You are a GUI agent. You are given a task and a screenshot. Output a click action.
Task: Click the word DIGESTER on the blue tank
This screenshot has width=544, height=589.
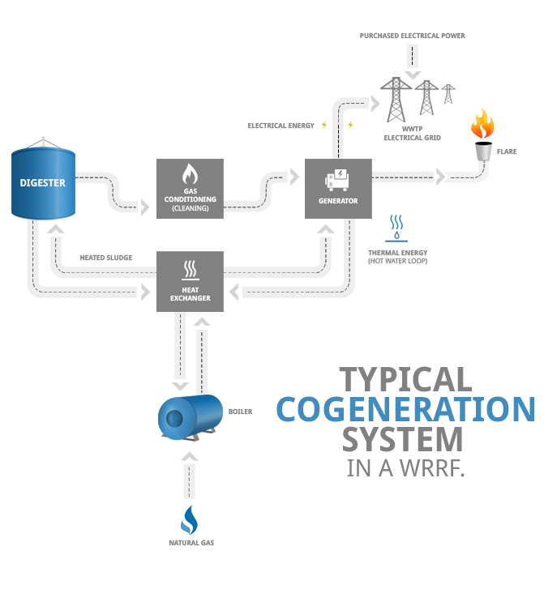[43, 182]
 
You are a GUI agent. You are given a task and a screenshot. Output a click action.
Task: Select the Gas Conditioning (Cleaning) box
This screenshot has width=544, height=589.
[190, 189]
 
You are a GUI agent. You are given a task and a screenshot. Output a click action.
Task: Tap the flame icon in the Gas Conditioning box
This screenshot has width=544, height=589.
[190, 174]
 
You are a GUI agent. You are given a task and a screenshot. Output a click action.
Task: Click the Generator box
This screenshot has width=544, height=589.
[338, 188]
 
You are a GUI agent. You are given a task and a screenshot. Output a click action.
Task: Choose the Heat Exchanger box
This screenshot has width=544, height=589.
[190, 280]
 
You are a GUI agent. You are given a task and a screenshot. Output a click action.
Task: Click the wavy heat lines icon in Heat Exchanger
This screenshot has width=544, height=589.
[190, 268]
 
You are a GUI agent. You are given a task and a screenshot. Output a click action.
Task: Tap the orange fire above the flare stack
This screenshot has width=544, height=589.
[482, 124]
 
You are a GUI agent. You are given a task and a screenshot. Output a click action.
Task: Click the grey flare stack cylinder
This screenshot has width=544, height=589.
[483, 151]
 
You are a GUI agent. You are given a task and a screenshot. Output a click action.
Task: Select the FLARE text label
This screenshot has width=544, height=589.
[509, 152]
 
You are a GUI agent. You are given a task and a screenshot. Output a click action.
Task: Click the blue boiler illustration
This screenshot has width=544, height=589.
[190, 417]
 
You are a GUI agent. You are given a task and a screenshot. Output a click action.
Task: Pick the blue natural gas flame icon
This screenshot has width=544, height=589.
[189, 519]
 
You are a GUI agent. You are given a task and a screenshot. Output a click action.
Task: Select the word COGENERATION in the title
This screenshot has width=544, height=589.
[405, 409]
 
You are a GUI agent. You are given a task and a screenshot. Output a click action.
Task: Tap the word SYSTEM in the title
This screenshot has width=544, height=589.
[402, 439]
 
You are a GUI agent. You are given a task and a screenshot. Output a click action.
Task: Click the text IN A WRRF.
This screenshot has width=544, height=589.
[405, 468]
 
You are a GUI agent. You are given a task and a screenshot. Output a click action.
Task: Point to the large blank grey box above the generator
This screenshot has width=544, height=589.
[418, 99]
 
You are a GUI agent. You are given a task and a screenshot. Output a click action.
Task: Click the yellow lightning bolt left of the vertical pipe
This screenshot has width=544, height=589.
[325, 125]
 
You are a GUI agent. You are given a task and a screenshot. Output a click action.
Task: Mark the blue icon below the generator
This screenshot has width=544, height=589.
[396, 229]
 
